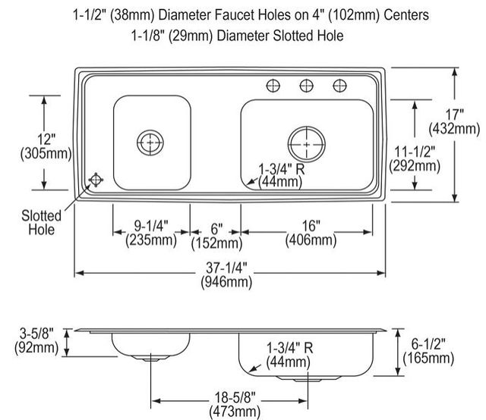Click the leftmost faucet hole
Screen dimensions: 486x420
click(273, 86)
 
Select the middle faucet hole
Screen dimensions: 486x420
click(307, 86)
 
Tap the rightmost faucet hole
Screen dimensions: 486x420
click(339, 86)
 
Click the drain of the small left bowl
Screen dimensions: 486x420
click(150, 143)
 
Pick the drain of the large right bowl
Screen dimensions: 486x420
click(307, 144)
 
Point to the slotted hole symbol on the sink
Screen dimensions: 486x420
click(96, 180)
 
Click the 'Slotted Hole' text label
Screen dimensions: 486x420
click(41, 223)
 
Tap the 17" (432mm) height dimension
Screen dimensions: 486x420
click(454, 121)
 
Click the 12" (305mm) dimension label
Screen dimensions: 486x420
click(46, 146)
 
